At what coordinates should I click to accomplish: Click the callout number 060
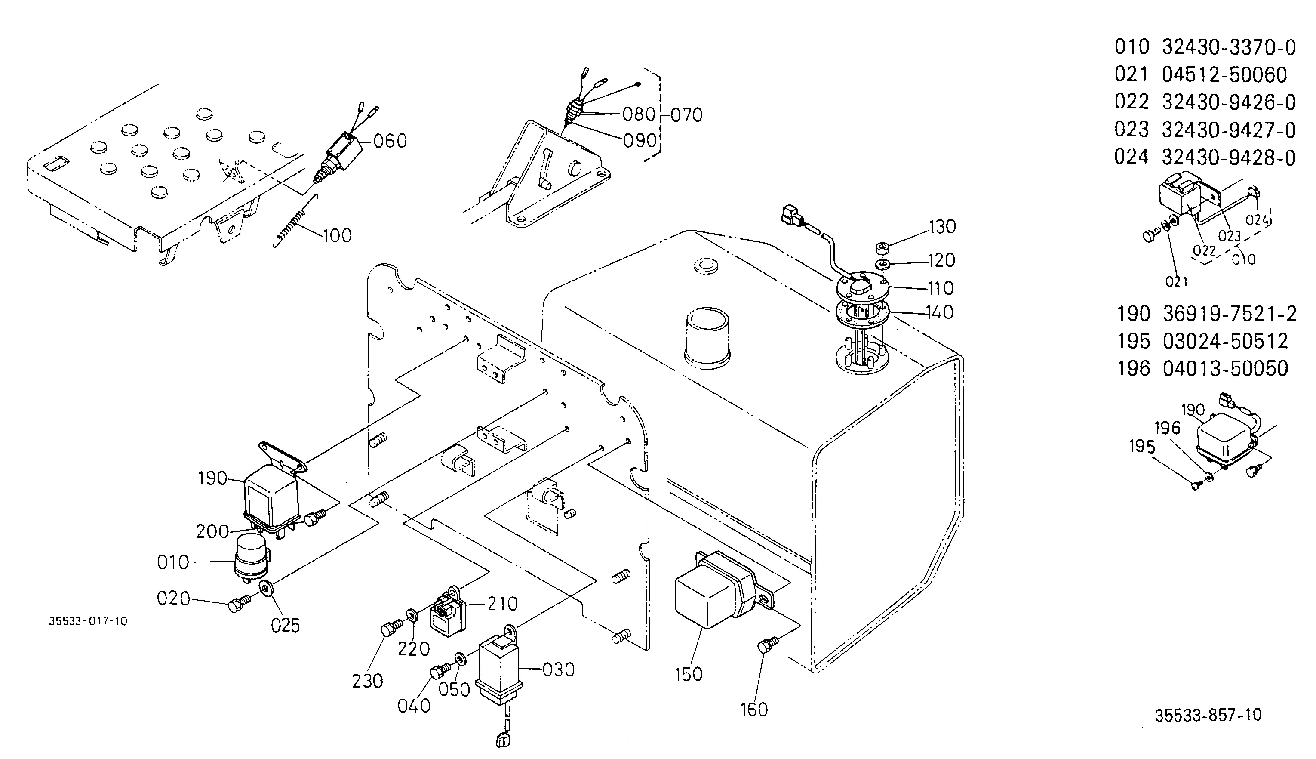[x=390, y=141]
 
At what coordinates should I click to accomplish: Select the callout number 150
[x=688, y=674]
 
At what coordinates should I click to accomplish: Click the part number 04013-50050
[x=1225, y=369]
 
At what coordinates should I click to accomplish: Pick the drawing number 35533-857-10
[x=1208, y=715]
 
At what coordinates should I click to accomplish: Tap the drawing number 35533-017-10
[x=88, y=621]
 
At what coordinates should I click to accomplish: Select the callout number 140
[x=940, y=312]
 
